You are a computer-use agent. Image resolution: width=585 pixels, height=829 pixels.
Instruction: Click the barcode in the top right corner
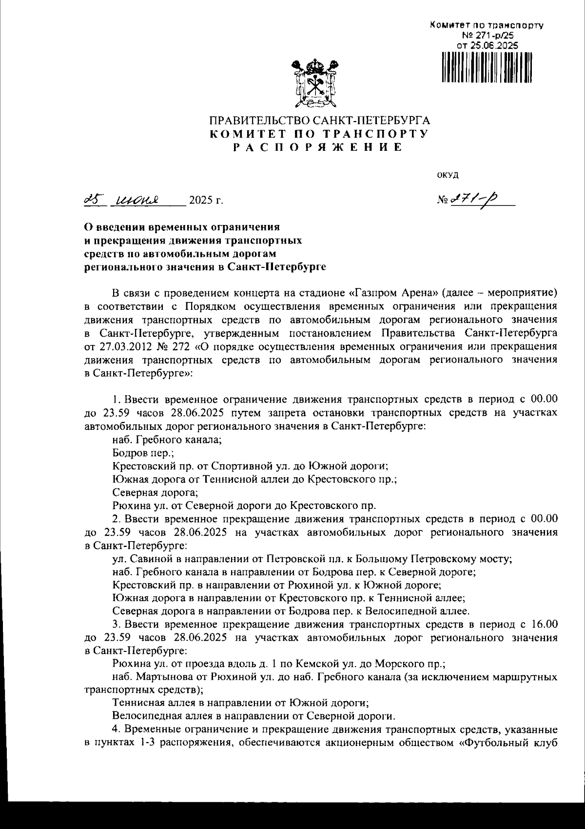pos(487,68)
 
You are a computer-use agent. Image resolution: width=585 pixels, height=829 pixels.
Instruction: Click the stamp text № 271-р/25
pos(487,35)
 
